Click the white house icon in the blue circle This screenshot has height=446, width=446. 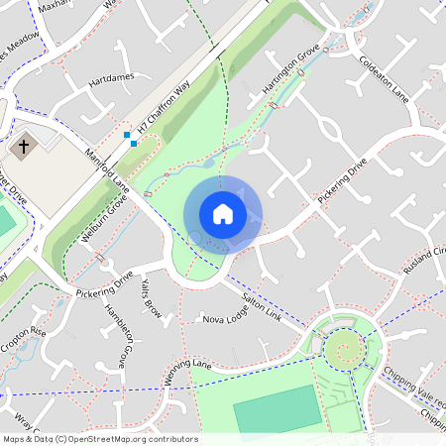[223, 214]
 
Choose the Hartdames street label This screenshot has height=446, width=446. [109, 77]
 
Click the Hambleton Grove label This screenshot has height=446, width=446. [112, 332]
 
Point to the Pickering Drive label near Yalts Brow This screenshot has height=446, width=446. [105, 283]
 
